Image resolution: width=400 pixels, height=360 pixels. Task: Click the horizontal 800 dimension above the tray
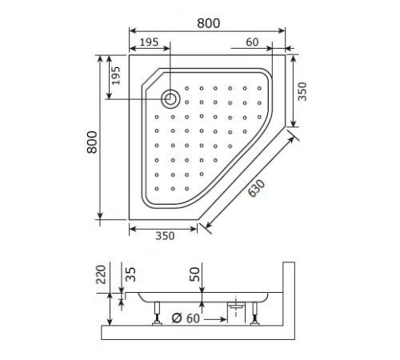click(x=208, y=23)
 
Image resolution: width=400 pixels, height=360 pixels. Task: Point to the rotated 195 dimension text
click(x=115, y=77)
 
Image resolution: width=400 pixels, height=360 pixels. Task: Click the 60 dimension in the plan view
click(x=252, y=42)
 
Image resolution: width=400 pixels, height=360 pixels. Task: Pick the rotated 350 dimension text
click(x=302, y=92)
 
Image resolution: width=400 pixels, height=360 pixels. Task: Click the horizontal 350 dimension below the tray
click(x=164, y=236)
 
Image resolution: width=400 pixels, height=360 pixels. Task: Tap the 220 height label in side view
click(x=101, y=277)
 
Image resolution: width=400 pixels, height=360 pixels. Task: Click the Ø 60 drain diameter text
click(x=186, y=319)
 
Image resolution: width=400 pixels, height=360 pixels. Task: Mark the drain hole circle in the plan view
click(x=170, y=99)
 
